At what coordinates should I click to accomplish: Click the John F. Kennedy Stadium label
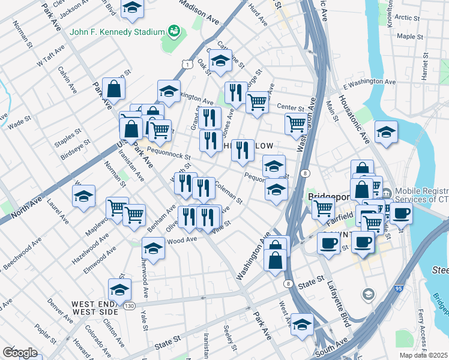point(117,31)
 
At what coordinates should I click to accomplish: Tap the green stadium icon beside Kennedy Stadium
point(174,30)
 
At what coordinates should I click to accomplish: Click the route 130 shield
point(130,306)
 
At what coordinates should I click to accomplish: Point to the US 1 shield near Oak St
point(188,64)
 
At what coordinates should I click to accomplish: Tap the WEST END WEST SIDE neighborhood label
point(95,308)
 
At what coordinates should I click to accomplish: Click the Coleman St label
point(228,192)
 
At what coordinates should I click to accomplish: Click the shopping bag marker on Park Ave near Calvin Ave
point(113,89)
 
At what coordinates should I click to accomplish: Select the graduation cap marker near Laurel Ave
point(83,196)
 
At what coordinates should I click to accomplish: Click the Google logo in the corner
point(20,353)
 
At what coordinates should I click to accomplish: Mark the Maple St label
point(411,37)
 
